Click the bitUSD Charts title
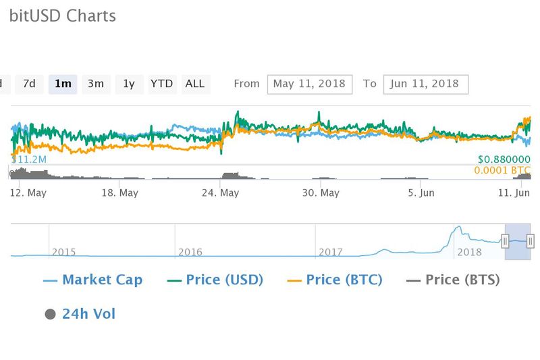pyautogui.click(x=62, y=16)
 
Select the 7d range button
pyautogui.click(x=29, y=84)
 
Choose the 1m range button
pyautogui.click(x=63, y=84)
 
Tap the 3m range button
pyautogui.click(x=95, y=84)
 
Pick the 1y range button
pyautogui.click(x=128, y=84)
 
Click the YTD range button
pyautogui.click(x=161, y=84)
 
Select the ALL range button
pyautogui.click(x=194, y=84)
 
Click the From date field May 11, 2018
pyautogui.click(x=310, y=84)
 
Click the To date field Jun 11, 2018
pyautogui.click(x=425, y=84)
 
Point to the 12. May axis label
pyautogui.click(x=29, y=192)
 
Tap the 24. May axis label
pyautogui.click(x=221, y=192)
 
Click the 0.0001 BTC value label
pyautogui.click(x=503, y=170)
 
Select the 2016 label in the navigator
pyautogui.click(x=190, y=252)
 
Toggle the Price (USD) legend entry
pyautogui.click(x=215, y=280)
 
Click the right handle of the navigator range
pyautogui.click(x=531, y=240)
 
